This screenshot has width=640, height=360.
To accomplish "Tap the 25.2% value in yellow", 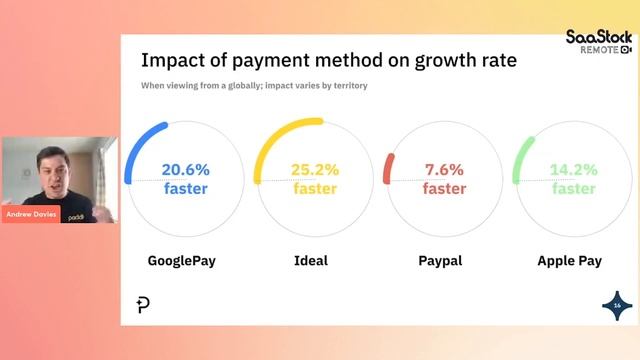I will [x=314, y=169].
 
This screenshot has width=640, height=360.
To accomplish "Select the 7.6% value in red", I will [x=444, y=169].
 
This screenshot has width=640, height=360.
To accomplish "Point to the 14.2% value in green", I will [x=573, y=169].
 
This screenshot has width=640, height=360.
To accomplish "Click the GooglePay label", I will [x=182, y=261].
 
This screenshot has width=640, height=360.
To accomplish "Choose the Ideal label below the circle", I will [x=311, y=261].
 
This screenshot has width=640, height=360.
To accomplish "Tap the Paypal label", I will [x=440, y=261].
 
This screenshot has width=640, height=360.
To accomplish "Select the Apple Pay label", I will [x=569, y=261].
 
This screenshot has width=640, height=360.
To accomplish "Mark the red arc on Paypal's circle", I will [x=388, y=168].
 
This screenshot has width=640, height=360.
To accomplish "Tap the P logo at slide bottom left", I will [x=143, y=305].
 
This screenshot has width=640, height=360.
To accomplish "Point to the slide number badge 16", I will [x=617, y=304].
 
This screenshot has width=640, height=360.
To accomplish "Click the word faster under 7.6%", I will [x=444, y=188].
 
